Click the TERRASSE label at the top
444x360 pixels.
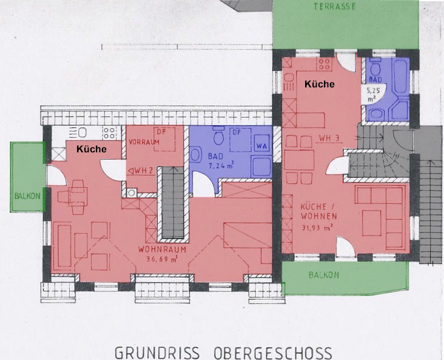click(x=334, y=7)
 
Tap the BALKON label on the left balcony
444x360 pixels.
click(x=27, y=196)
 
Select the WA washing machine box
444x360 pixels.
click(x=261, y=146)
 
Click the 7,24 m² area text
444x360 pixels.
click(x=221, y=165)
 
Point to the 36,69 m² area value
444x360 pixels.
click(x=162, y=259)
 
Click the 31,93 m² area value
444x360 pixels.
click(x=317, y=227)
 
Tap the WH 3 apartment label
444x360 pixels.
click(x=329, y=138)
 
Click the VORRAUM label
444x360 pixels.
click(x=144, y=142)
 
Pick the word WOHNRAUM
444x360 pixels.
click(x=162, y=250)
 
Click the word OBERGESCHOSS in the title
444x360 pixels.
click(x=273, y=353)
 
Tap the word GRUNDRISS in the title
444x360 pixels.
click(x=157, y=353)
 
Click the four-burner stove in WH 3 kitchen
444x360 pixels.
click(x=325, y=64)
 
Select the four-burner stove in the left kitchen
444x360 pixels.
click(x=109, y=133)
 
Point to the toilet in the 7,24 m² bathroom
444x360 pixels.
click(x=218, y=136)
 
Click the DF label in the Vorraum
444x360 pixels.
click(x=161, y=132)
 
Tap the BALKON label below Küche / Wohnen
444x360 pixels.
click(x=324, y=275)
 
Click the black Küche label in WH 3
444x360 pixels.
click(x=320, y=84)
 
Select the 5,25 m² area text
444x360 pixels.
click(x=374, y=95)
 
